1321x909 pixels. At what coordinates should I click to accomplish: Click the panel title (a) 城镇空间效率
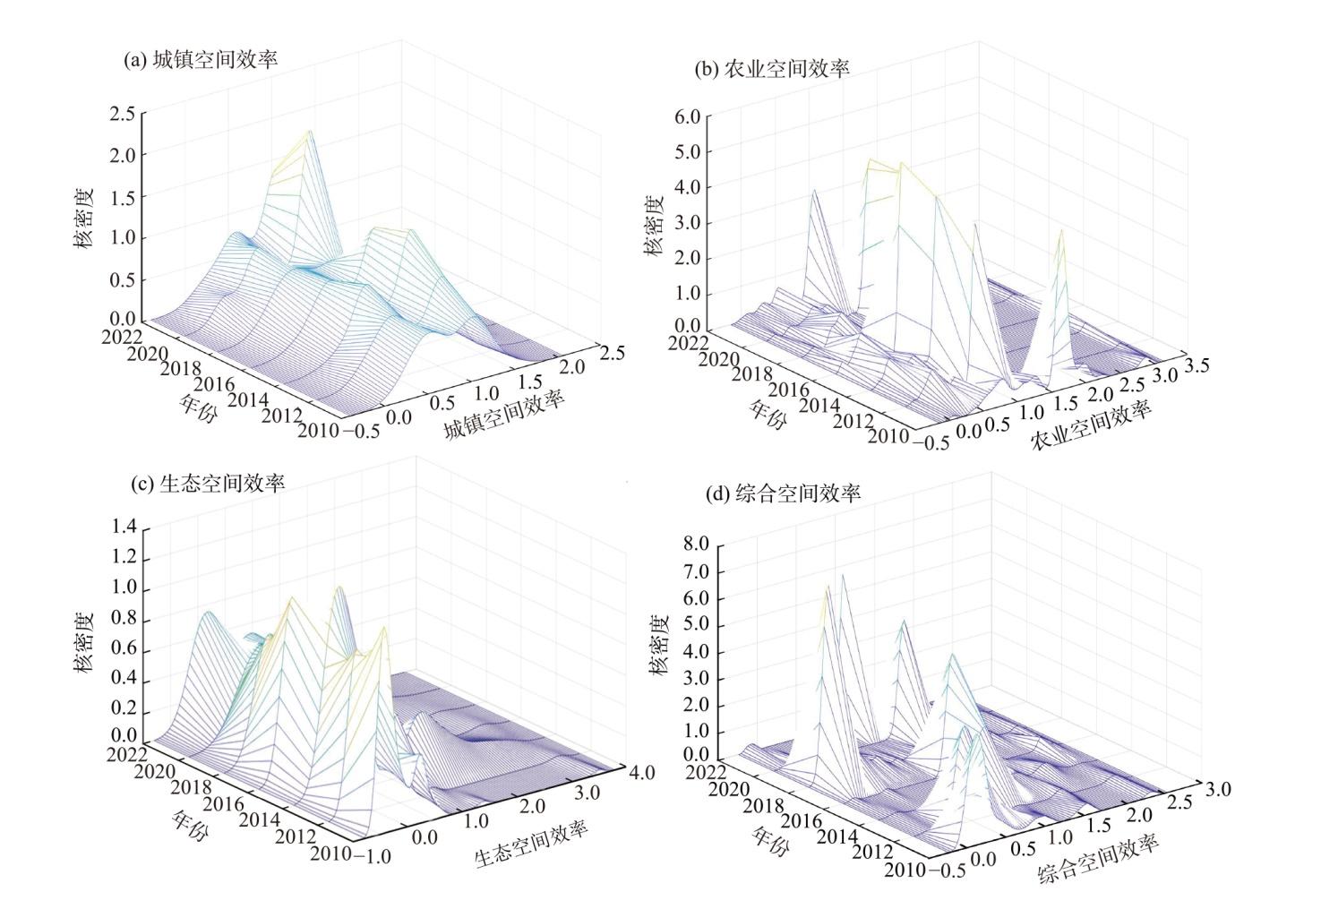(x=201, y=60)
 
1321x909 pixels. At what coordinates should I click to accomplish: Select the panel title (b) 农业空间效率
(x=772, y=69)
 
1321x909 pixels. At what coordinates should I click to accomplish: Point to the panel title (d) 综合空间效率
(x=783, y=493)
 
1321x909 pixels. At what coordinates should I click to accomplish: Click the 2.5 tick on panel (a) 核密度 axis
(x=122, y=113)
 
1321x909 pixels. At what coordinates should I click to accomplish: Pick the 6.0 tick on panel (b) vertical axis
(x=688, y=116)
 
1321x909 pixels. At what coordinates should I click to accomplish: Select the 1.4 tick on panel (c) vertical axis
(x=124, y=527)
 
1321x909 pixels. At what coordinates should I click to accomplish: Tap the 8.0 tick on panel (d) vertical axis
(x=696, y=544)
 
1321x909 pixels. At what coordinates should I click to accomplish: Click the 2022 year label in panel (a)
(x=122, y=337)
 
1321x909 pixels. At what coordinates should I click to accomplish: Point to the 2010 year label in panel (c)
(x=330, y=853)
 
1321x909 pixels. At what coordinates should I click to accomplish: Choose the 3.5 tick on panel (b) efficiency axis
(x=1197, y=366)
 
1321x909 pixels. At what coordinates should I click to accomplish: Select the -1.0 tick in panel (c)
(x=373, y=856)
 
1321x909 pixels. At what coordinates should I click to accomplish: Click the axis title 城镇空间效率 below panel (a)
(x=504, y=414)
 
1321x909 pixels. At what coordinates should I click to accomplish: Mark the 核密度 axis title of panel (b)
(x=654, y=227)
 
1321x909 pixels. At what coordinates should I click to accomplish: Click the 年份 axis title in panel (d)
(x=770, y=840)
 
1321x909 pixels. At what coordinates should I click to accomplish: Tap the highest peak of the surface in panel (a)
(x=309, y=131)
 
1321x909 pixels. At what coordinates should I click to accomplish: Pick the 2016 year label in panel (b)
(x=788, y=390)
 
